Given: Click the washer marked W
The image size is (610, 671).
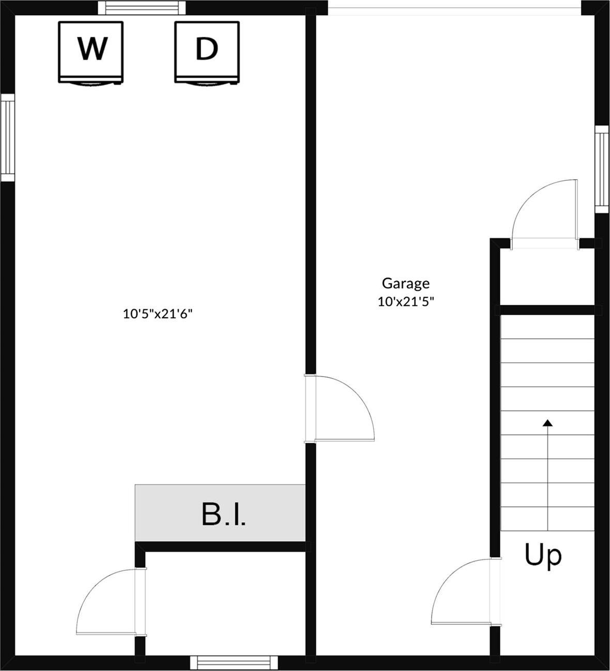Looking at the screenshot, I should (x=90, y=52).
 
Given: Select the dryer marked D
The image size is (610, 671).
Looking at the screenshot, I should (x=207, y=52).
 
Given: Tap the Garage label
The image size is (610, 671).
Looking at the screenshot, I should (x=405, y=283).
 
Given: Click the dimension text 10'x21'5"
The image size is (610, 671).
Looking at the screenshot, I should (x=405, y=302).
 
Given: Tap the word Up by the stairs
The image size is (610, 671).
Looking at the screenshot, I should (x=543, y=555).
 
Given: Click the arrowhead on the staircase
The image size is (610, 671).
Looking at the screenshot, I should (x=547, y=423).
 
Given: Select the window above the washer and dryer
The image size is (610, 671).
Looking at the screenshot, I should (x=142, y=7).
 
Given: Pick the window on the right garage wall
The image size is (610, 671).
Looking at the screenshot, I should (x=602, y=169).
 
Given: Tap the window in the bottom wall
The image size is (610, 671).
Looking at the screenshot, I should (x=234, y=662).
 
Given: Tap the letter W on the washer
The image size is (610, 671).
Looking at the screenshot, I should (x=93, y=49).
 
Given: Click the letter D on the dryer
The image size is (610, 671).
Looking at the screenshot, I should (x=206, y=49).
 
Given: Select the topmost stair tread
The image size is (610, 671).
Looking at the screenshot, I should (x=547, y=327).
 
